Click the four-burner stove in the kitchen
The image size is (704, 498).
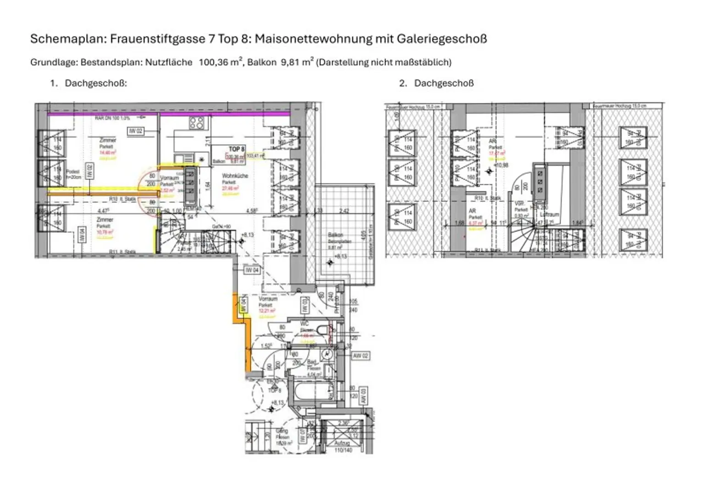point(197,122)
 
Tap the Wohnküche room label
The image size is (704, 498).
point(235,176)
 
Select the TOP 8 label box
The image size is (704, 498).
point(236,149)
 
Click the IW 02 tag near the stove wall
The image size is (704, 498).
point(136,131)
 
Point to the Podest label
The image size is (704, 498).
point(73,172)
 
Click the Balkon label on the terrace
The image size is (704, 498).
point(335,235)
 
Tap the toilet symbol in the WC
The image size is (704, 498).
point(325,329)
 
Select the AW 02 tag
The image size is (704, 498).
point(361,356)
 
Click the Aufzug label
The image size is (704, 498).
point(342,443)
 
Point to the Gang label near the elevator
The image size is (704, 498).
point(282,431)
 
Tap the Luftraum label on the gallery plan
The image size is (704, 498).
point(549,214)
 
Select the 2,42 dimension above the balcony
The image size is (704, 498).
point(344,211)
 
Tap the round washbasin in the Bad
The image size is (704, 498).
point(326,354)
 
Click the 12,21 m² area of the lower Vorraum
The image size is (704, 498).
point(266,311)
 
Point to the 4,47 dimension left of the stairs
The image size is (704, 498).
point(104,211)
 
